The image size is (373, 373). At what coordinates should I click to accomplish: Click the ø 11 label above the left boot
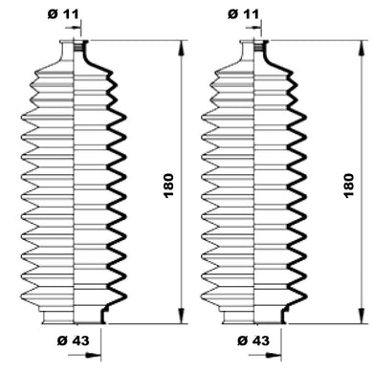[63, 14]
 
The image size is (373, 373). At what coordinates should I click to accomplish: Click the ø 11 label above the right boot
[243, 14]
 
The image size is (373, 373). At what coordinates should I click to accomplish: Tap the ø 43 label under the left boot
[73, 340]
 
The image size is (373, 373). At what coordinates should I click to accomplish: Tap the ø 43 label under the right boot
[253, 340]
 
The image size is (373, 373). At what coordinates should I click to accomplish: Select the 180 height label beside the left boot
[168, 186]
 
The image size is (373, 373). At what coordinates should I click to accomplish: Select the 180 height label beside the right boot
[349, 186]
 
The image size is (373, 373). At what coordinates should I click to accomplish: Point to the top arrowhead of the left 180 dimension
[181, 48]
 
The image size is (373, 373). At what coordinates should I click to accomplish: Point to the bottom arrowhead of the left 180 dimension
[181, 316]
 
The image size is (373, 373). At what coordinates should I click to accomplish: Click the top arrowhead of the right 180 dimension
[361, 48]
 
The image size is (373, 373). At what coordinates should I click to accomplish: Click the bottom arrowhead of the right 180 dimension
[361, 316]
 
